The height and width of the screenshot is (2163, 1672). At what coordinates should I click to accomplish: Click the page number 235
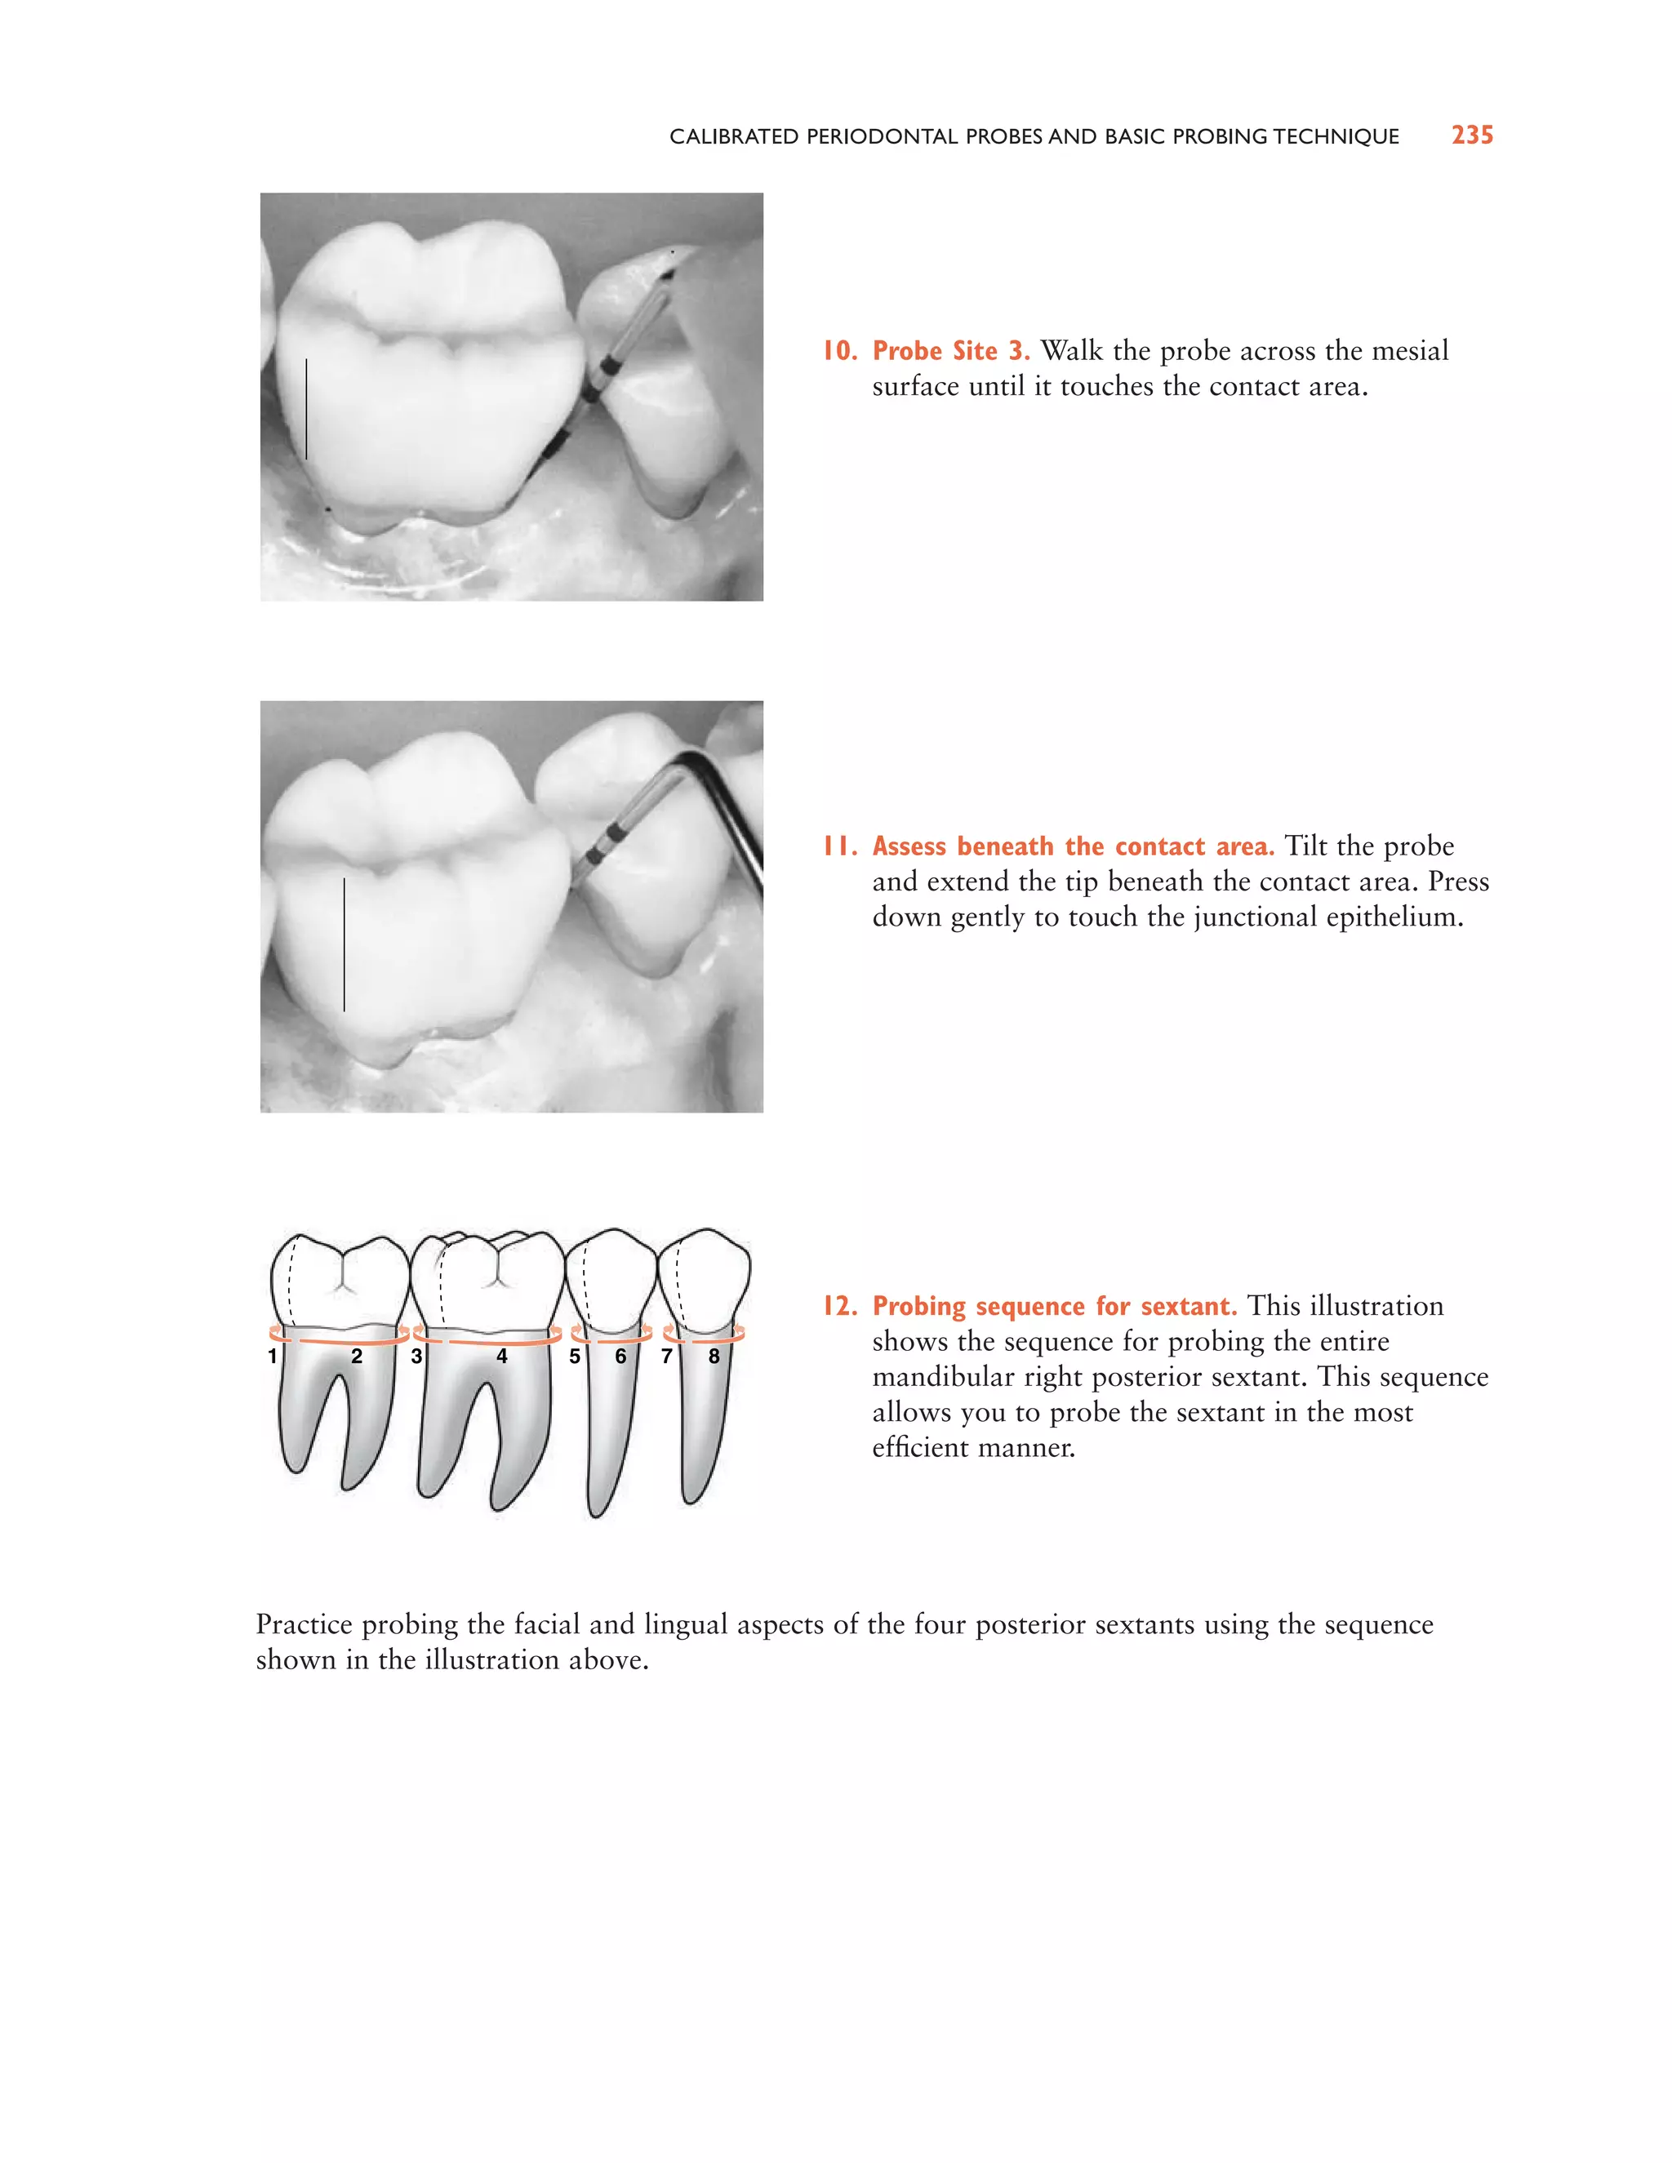point(1472,135)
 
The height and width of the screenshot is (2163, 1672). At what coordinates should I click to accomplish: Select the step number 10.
point(839,351)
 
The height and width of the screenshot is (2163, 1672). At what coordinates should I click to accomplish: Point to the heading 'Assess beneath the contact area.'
point(1073,846)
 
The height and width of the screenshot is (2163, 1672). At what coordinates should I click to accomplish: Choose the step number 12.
point(839,1305)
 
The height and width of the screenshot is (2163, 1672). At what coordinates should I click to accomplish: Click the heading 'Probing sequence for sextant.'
point(1054,1305)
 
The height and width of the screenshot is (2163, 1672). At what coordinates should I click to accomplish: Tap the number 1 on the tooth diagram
point(273,1356)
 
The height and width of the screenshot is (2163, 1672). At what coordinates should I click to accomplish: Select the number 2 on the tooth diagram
point(357,1356)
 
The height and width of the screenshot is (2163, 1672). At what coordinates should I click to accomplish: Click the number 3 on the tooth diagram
point(416,1356)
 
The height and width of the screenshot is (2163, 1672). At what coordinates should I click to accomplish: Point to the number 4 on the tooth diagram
point(501,1356)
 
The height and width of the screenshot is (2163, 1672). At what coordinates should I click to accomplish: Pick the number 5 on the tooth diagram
point(575,1356)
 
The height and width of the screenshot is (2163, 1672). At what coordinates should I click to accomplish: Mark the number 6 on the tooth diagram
point(621,1356)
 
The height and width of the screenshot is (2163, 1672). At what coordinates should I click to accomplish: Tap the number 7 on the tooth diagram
point(667,1356)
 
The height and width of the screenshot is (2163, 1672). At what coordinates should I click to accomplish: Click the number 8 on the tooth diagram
point(714,1356)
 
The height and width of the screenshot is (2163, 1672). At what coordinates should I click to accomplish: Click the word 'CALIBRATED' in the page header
point(733,136)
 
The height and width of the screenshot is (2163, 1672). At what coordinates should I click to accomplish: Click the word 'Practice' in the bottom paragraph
point(304,1624)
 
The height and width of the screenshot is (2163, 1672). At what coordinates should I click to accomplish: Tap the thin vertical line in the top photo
point(306,408)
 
